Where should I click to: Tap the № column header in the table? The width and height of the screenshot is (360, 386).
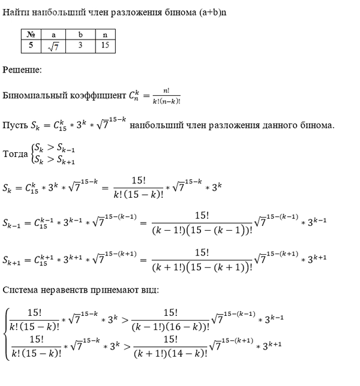tap(30, 35)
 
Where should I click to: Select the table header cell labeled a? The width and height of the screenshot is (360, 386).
tap(53, 35)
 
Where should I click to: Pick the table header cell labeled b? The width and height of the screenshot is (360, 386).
tap(80, 35)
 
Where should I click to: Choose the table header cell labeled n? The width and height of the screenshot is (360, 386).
tap(105, 35)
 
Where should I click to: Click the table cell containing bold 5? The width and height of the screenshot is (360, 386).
tap(30, 46)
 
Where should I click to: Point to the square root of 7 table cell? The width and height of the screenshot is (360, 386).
tap(53, 46)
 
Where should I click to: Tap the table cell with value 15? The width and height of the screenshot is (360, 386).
tap(105, 46)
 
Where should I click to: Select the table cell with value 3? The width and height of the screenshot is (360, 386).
tap(80, 46)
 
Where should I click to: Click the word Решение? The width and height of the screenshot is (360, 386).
tap(22, 70)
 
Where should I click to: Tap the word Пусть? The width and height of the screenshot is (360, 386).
tap(14, 125)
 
